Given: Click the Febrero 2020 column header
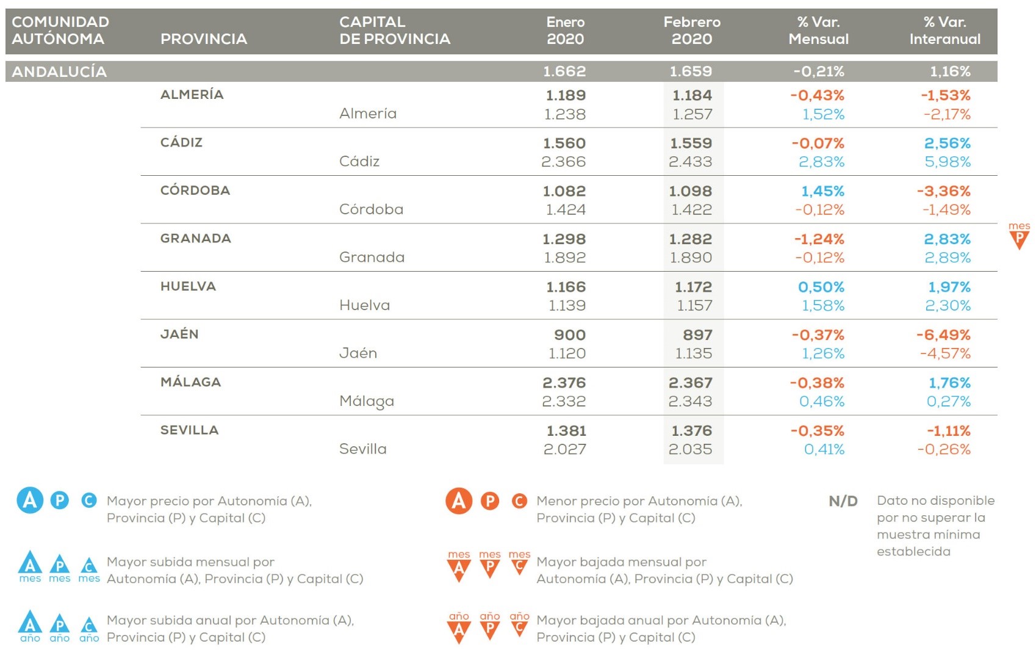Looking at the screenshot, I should (x=692, y=31).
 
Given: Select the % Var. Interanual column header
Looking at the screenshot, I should (x=944, y=31).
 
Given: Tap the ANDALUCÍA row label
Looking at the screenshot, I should (x=59, y=71).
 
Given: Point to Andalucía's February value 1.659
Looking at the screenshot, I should (x=691, y=71).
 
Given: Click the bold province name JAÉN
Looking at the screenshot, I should (x=179, y=334).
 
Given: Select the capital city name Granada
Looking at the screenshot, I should (x=372, y=257).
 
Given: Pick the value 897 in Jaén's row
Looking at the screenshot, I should (x=697, y=335).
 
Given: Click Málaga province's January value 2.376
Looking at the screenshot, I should (x=564, y=383).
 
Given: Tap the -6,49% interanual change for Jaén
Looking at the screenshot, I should (x=943, y=335).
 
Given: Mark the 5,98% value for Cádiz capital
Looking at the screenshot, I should (x=947, y=162).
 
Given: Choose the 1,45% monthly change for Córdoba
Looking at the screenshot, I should (x=822, y=191).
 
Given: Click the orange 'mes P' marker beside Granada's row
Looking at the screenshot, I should (x=1018, y=236).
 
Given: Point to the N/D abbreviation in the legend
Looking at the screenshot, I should (x=843, y=501).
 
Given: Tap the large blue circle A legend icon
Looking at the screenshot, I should (x=30, y=501).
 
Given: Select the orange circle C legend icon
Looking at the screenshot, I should (x=519, y=501).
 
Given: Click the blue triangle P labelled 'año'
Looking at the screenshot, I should (x=59, y=626).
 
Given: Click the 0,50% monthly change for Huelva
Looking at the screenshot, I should (x=821, y=287).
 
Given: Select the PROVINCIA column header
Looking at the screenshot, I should (x=203, y=39).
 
